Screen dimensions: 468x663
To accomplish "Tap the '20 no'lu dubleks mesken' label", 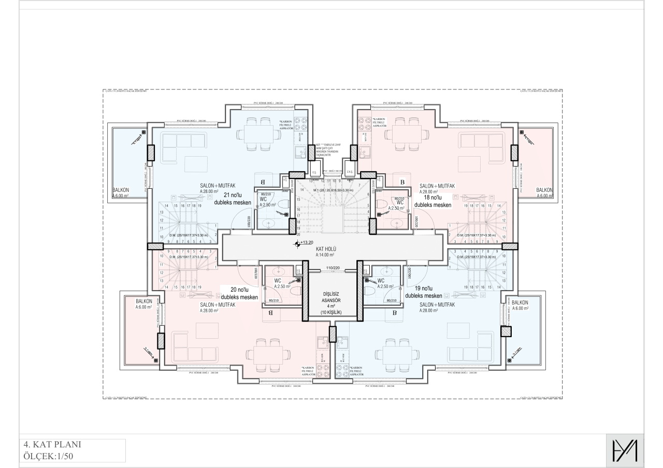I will tap(239, 294).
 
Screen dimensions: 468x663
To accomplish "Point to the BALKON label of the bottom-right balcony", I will tap(520, 302).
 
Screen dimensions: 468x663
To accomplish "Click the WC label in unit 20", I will tap(278, 281).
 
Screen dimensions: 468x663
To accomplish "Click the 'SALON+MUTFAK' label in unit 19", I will tap(437, 305).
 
